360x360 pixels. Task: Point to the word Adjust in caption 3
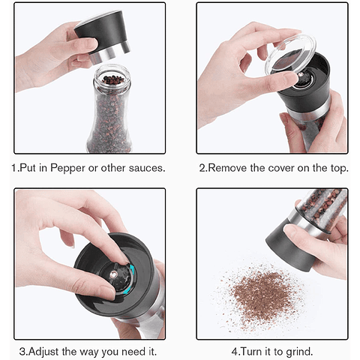[43, 352]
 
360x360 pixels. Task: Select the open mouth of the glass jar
[112, 75]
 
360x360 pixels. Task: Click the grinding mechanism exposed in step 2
[304, 78]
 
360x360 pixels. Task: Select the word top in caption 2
[339, 169]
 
